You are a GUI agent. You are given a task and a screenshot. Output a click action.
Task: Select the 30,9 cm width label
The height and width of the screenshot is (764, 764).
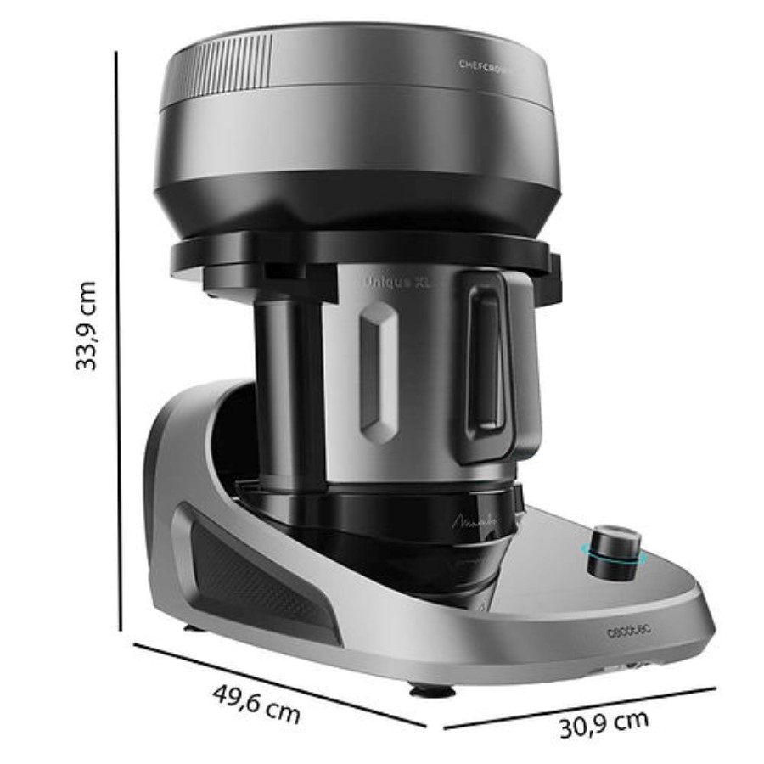point(604,723)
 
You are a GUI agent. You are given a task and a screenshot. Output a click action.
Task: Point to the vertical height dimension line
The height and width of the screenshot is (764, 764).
point(117,340)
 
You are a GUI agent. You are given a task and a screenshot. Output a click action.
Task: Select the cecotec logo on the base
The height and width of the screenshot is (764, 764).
point(627,632)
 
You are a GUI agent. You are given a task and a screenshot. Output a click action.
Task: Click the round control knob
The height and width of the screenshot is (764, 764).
point(615,552)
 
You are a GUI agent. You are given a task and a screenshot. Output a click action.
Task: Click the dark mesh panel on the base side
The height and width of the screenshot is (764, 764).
point(250,577)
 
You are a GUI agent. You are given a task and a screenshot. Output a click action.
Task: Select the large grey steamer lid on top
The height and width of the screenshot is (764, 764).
point(357,127)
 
